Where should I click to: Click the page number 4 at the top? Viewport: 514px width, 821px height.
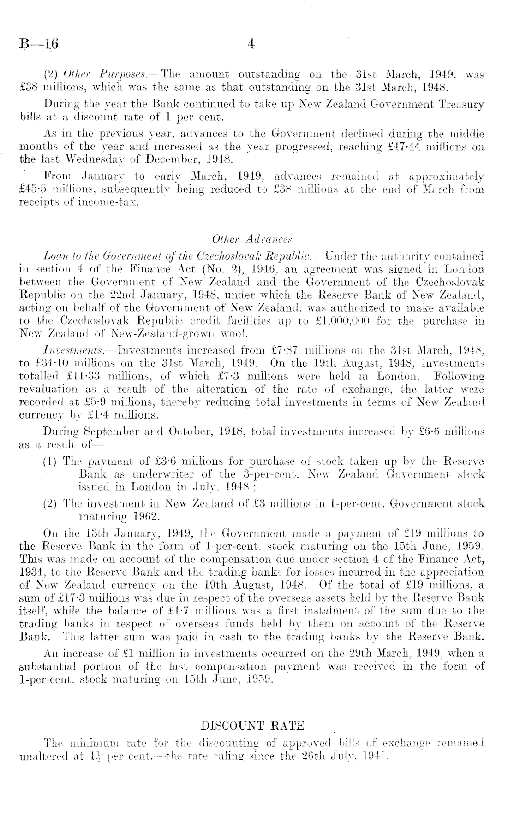(x=251, y=44)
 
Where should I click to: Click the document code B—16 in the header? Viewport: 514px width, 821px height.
(x=39, y=44)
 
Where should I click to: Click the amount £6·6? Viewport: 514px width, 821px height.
(x=429, y=432)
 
